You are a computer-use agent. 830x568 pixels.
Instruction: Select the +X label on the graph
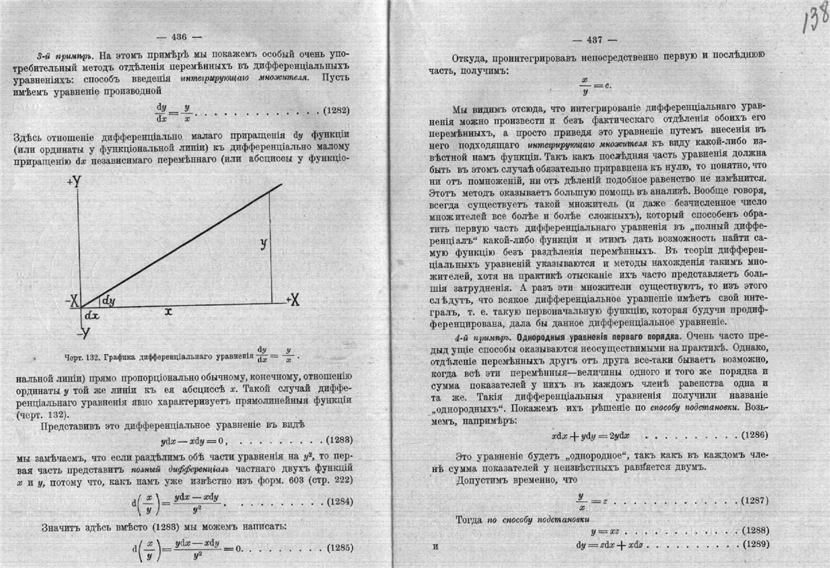click(x=292, y=300)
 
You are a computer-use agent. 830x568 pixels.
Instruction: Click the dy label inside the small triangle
click(x=108, y=300)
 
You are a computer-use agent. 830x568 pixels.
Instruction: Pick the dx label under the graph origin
click(x=91, y=315)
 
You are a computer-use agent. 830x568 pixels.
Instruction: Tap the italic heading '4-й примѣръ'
click(x=483, y=338)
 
